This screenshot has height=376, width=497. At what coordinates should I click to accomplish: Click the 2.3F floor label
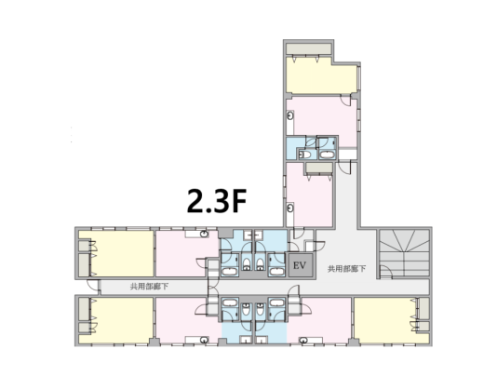pos(217,201)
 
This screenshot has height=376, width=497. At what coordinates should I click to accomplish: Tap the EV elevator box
pos(301,265)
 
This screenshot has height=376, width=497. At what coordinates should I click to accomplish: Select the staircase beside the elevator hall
pos(404,253)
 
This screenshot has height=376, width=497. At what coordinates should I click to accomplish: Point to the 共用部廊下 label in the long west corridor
pos(149,287)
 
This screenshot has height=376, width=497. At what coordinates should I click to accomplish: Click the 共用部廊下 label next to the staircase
pos(347,269)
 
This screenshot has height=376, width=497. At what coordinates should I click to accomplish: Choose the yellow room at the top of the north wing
pos(321,75)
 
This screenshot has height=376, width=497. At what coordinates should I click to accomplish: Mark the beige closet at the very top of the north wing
pos(309,48)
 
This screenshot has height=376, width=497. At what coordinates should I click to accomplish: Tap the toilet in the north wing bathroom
pos(305,154)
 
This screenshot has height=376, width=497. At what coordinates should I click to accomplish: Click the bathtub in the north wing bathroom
pos(327,155)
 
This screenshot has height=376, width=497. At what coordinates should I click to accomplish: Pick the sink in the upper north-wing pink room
pos(290,116)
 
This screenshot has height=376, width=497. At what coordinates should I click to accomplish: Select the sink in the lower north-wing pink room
pos(290,208)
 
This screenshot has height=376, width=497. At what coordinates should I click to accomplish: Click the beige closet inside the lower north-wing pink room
pos(319,168)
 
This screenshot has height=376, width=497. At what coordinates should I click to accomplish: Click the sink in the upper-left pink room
pos(205,235)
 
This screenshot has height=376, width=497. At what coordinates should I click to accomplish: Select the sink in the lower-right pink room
pos(303,341)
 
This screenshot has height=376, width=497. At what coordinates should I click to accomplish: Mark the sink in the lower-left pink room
pos(205,341)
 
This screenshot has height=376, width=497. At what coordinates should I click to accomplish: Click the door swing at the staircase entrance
pos(385,272)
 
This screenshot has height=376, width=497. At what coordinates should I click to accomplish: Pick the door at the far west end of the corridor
pos(93,285)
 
